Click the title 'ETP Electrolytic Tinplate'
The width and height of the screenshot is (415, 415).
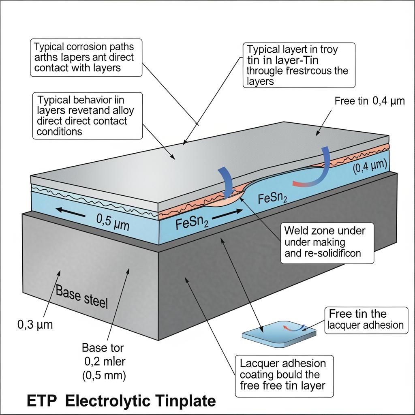(x=121, y=401)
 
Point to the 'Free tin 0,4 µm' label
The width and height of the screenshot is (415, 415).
(x=370, y=101)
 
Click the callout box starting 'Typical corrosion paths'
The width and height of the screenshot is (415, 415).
(x=86, y=57)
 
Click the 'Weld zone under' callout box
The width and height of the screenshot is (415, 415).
(x=327, y=243)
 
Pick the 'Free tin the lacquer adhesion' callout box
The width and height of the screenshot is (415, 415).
(x=366, y=320)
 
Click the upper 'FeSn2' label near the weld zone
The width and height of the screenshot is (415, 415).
(x=273, y=199)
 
